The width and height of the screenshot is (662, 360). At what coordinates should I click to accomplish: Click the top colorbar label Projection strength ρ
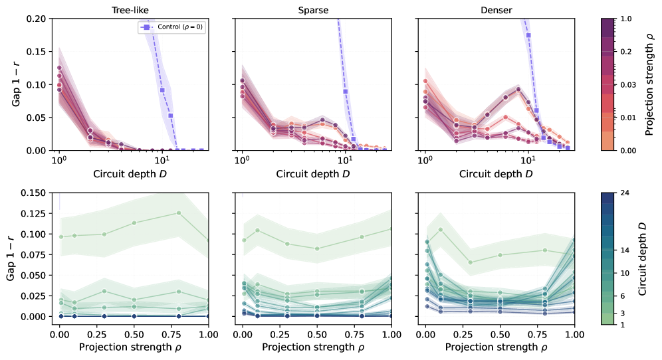[651, 84]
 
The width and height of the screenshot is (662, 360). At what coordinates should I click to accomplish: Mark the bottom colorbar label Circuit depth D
[651, 258]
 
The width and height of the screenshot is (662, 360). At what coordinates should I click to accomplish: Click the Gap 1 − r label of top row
[15, 84]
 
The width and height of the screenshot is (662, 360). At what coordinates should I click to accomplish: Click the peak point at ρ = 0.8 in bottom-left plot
[179, 213]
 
